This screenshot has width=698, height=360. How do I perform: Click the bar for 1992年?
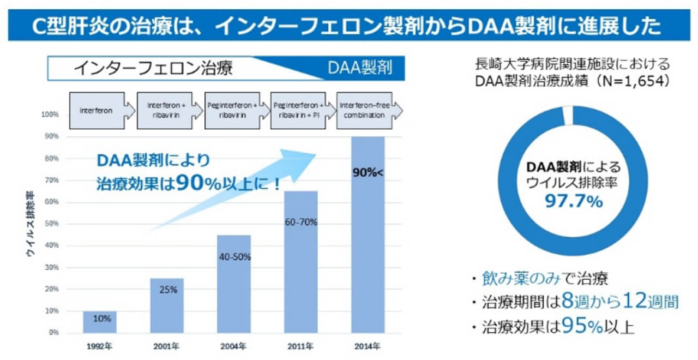(x=100, y=322)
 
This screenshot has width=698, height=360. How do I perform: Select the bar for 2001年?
(x=167, y=305)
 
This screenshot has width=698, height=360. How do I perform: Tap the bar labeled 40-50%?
(x=234, y=284)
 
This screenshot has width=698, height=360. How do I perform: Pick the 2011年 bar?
(x=301, y=262)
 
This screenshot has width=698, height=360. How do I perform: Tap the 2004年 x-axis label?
(x=234, y=345)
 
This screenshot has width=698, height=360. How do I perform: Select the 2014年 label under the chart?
(x=368, y=345)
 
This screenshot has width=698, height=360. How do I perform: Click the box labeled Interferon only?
(x=97, y=111)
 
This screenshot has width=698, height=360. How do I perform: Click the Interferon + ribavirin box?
(x=165, y=111)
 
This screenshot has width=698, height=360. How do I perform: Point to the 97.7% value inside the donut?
(x=574, y=202)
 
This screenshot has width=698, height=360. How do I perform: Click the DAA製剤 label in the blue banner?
(x=359, y=69)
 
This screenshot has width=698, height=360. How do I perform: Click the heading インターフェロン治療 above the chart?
(x=153, y=69)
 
